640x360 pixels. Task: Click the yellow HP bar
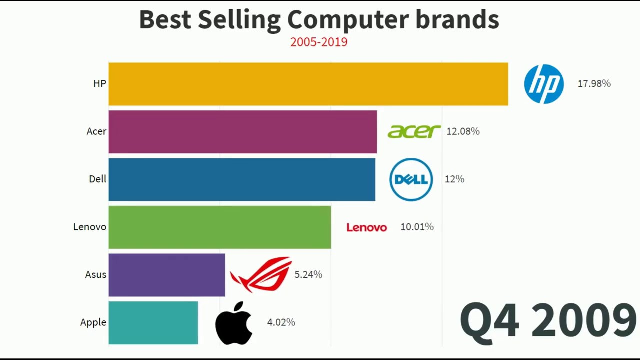308,84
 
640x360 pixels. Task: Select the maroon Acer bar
242,131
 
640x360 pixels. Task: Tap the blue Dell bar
241,179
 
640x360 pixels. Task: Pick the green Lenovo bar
219,227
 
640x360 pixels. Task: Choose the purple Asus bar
166,275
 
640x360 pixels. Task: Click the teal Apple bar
153,322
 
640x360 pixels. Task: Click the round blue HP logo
544,84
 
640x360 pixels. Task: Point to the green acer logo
414,131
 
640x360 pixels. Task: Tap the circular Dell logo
411,179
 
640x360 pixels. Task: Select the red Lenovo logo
366,227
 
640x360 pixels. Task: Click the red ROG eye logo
261,274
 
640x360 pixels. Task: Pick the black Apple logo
233,323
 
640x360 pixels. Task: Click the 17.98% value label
594,84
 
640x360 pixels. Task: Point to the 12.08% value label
463,131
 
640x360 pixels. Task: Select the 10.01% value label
417,227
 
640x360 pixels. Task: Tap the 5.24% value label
308,274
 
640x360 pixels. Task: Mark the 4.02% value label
281,322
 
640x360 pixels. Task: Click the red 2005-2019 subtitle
319,42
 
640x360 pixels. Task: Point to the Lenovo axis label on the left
90,227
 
